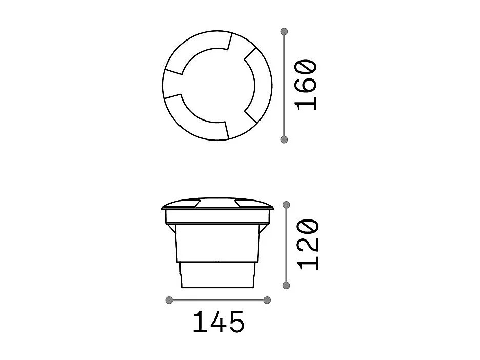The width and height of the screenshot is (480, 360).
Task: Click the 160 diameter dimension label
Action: click(306, 85)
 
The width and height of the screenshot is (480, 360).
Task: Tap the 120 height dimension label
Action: click(309, 245)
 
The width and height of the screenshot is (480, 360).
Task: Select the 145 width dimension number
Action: click(218, 322)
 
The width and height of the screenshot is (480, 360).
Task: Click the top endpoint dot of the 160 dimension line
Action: click(284, 31)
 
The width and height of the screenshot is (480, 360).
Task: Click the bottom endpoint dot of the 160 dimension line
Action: click(284, 139)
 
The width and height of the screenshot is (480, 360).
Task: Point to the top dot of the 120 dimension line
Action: click(286, 205)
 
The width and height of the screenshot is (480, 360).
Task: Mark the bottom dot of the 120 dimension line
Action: click(286, 286)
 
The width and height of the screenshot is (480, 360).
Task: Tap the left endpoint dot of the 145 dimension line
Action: click(169, 301)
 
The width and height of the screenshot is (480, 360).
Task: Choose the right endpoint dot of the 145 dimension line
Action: click(267, 301)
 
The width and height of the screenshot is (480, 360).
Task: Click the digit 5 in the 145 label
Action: click(236, 322)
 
